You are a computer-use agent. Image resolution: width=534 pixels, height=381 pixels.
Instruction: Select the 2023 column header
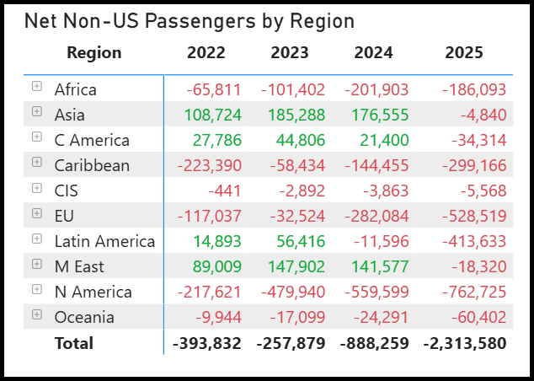290,53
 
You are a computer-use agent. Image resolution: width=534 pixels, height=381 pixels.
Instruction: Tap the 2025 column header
463,53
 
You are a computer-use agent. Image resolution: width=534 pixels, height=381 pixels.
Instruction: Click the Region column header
94,53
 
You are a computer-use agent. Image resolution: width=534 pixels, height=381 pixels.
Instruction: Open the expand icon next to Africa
36,86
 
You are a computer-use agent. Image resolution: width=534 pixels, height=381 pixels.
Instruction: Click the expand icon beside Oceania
36,314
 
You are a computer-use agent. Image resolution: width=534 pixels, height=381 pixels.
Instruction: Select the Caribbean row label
92,165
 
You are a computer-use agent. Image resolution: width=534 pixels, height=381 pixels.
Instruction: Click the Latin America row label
104,241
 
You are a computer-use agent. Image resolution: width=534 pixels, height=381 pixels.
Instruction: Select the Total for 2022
206,343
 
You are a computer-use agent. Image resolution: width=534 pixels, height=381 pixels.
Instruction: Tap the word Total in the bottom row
74,343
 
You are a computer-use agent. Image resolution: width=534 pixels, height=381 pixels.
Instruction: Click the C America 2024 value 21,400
382,140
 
